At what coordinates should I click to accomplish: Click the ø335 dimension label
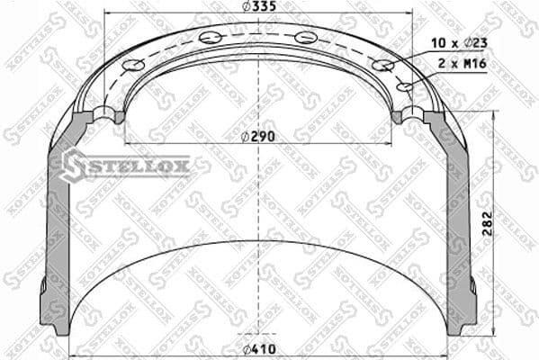tap(258, 8)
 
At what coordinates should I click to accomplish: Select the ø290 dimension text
tap(258, 136)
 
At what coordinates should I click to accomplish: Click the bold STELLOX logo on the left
tap(125, 166)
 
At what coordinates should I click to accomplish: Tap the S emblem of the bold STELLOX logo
tap(73, 165)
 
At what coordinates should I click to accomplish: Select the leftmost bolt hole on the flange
tap(133, 65)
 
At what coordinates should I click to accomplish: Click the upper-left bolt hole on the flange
tap(211, 37)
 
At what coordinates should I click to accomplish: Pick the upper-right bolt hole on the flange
tap(306, 37)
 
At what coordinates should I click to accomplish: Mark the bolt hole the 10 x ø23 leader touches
tap(383, 65)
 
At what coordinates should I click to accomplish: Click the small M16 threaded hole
tap(405, 87)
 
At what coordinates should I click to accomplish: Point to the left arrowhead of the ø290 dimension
tap(128, 144)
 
